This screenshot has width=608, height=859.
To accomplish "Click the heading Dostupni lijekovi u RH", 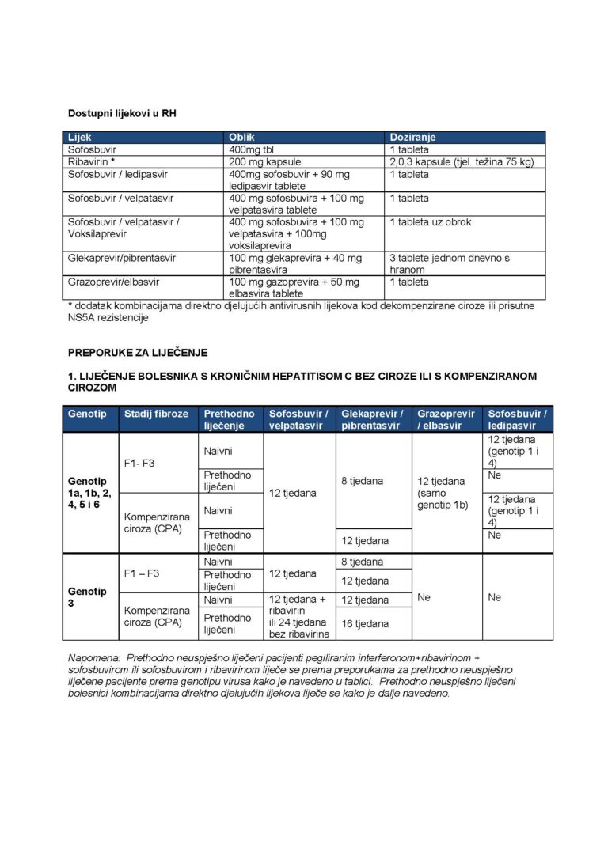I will pyautogui.click(x=122, y=114).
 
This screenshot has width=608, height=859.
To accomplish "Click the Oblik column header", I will pyautogui.click(x=241, y=137).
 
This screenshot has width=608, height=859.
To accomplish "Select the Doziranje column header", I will pyautogui.click(x=412, y=137).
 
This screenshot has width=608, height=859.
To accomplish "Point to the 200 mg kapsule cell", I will pyautogui.click(x=262, y=161).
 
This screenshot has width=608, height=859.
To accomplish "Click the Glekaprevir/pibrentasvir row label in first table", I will pyautogui.click(x=122, y=258).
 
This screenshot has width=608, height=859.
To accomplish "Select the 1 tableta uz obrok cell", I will pyautogui.click(x=430, y=222).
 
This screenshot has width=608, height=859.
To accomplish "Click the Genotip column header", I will pyautogui.click(x=87, y=414).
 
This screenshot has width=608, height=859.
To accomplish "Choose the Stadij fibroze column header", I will pyautogui.click(x=156, y=414).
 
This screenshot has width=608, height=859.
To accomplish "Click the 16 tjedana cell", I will pyautogui.click(x=365, y=624).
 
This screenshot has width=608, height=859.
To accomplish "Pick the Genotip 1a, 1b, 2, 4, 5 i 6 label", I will pyautogui.click(x=89, y=493).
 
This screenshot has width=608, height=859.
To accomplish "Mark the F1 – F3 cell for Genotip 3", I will pyautogui.click(x=142, y=573).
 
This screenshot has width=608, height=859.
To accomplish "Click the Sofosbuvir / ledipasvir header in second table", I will pyautogui.click(x=518, y=419).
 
